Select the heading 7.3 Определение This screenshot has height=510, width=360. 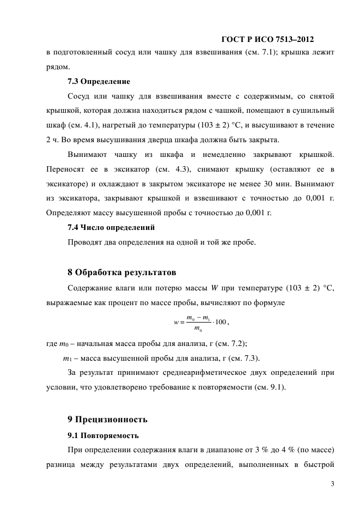(99, 82)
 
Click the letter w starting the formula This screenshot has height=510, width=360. (176, 323)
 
